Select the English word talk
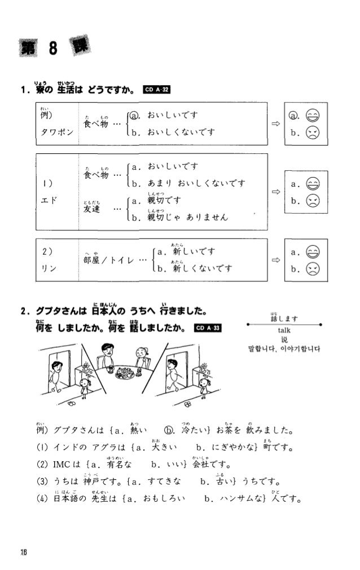point(284,331)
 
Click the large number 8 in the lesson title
point(52,49)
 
